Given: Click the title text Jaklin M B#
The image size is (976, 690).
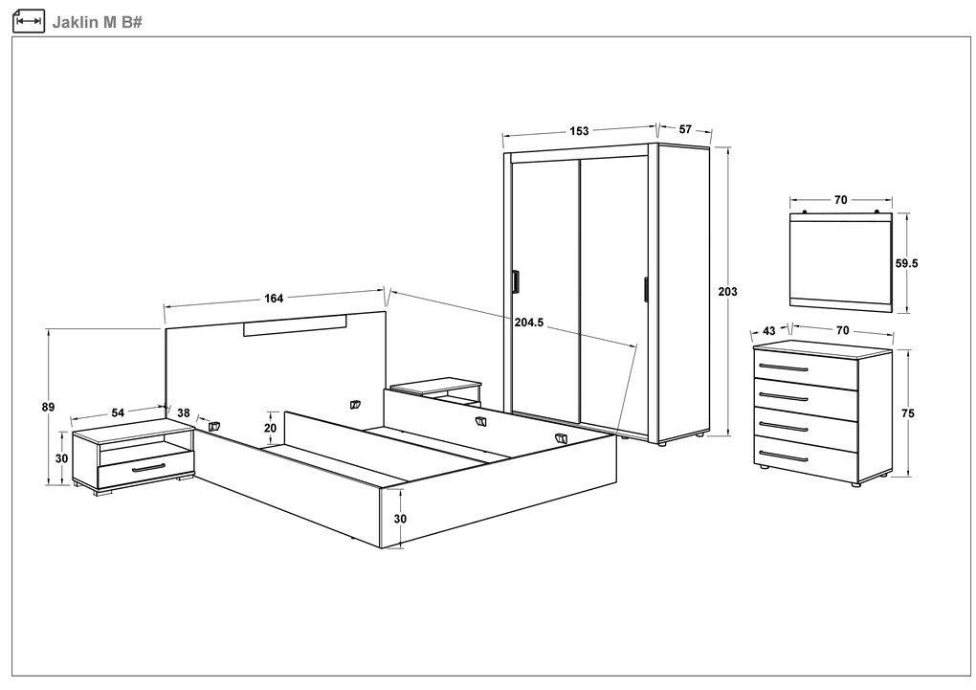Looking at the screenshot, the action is pyautogui.click(x=97, y=22).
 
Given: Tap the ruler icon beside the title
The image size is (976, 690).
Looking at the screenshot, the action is pyautogui.click(x=29, y=21).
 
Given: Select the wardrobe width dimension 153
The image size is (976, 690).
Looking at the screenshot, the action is pyautogui.click(x=579, y=131).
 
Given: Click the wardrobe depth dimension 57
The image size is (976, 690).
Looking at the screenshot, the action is pyautogui.click(x=685, y=129).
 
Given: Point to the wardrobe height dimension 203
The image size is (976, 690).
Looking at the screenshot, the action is pyautogui.click(x=727, y=292).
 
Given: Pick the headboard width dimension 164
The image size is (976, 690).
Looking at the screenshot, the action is pyautogui.click(x=274, y=299).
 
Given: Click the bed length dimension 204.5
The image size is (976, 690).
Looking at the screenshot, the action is pyautogui.click(x=529, y=322).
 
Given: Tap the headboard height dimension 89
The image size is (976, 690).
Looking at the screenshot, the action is pyautogui.click(x=48, y=408).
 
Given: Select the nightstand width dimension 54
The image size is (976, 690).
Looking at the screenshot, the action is pyautogui.click(x=118, y=412).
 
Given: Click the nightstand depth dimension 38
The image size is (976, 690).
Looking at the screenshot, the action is pyautogui.click(x=184, y=412).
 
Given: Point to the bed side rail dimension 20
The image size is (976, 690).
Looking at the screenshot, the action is pyautogui.click(x=270, y=429).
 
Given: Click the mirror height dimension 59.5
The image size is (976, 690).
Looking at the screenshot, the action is pyautogui.click(x=906, y=263).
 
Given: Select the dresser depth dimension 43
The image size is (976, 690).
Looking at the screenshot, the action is pyautogui.click(x=769, y=331).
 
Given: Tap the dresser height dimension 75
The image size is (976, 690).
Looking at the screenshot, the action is pyautogui.click(x=908, y=413).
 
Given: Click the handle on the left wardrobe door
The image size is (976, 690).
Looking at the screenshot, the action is pyautogui.click(x=516, y=281).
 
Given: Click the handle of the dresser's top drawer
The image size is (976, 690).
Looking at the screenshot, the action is pyautogui.click(x=784, y=367).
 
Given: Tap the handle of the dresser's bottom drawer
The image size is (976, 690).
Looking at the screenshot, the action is pyautogui.click(x=784, y=456).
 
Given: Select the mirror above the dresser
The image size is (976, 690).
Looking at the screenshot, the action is pyautogui.click(x=841, y=261).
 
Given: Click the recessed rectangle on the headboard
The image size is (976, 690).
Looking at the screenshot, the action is pyautogui.click(x=295, y=325).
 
